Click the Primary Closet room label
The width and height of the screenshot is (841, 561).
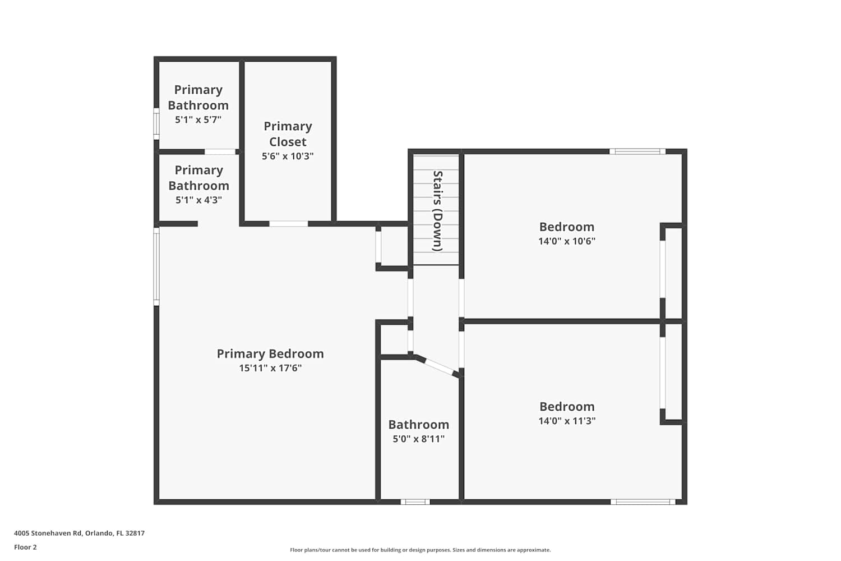click(x=288, y=134)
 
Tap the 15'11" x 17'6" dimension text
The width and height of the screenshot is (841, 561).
click(x=270, y=368)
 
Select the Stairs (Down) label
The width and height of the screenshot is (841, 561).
click(x=438, y=211)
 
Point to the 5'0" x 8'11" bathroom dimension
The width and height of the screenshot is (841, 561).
click(x=419, y=439)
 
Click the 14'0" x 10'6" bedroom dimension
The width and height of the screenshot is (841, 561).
click(x=567, y=241)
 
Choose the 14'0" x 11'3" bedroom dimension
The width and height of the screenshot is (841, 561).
click(x=567, y=420)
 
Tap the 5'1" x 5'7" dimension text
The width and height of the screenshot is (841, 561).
click(x=198, y=120)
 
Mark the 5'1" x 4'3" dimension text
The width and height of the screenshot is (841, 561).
click(x=198, y=200)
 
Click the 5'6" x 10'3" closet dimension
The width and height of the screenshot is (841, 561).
click(x=288, y=156)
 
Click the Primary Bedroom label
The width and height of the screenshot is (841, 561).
click(x=270, y=353)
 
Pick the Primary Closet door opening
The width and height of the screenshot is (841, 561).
click(x=289, y=224)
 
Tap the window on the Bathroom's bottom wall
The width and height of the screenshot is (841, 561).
click(x=415, y=502)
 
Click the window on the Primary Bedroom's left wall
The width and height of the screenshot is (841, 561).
click(x=156, y=266)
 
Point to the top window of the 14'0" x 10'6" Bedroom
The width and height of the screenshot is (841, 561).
click(x=637, y=151)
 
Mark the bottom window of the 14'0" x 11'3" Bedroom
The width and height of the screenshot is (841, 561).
click(x=643, y=502)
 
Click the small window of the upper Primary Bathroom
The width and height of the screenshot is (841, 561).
click(x=156, y=123)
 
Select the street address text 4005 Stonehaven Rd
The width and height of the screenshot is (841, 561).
click(x=48, y=533)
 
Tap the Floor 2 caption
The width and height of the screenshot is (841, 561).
click(x=26, y=547)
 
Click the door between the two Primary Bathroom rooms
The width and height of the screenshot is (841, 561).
click(x=220, y=152)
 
